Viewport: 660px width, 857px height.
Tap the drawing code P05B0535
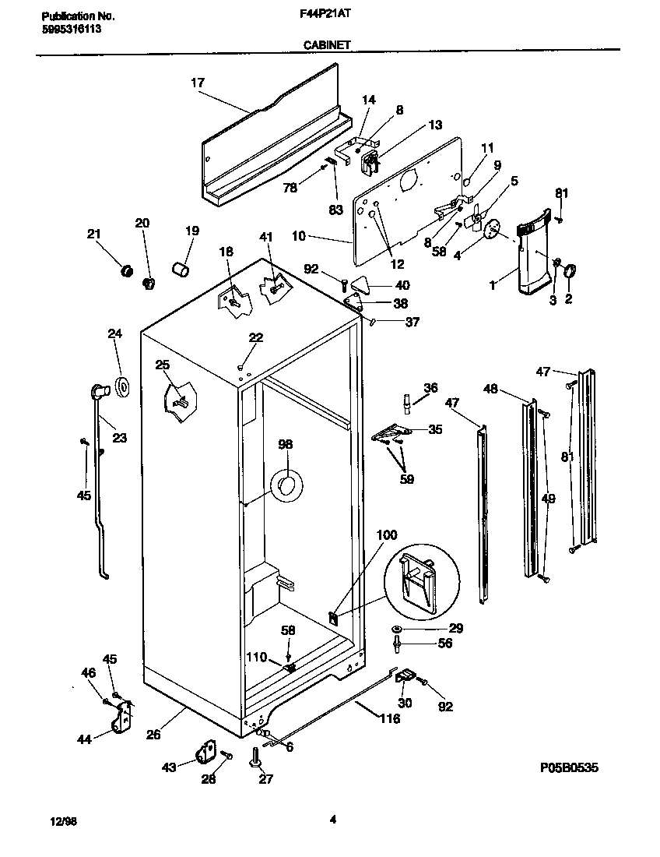[x=569, y=767]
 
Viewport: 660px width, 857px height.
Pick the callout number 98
[x=286, y=445]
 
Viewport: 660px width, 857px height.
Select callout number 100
[x=387, y=535]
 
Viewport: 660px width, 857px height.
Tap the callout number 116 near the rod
[x=388, y=718]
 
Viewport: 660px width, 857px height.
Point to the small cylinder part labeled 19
[x=181, y=270]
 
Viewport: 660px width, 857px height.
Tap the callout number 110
[x=256, y=657]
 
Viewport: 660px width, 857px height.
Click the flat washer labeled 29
[x=398, y=629]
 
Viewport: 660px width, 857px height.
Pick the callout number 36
[x=430, y=388]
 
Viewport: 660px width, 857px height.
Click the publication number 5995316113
[x=70, y=29]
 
